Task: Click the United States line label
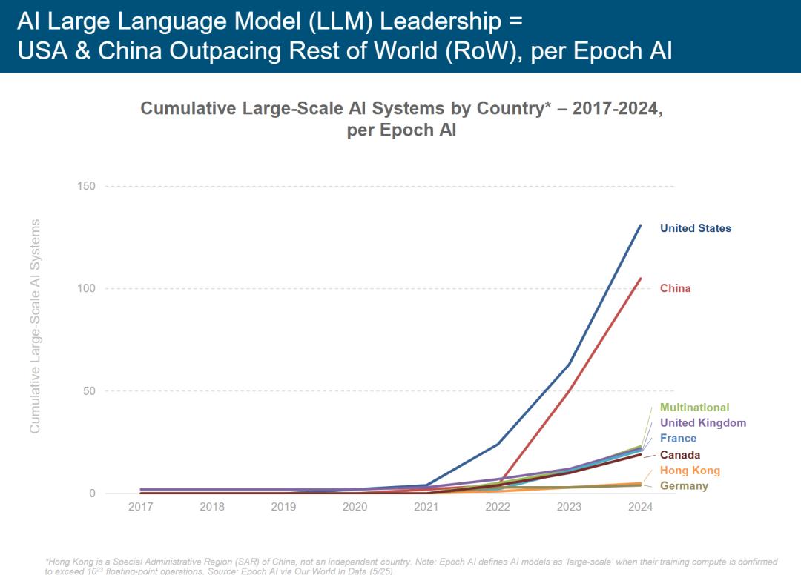(695, 228)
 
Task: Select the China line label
(675, 288)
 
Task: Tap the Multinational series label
(694, 408)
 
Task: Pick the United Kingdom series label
(702, 423)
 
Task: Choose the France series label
(678, 439)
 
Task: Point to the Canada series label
(679, 455)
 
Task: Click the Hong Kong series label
(690, 471)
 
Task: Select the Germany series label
(684, 486)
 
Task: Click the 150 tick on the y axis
(87, 186)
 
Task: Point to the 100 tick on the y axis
(87, 288)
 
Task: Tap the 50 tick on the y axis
(89, 391)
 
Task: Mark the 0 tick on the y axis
(92, 493)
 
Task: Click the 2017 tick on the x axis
(141, 508)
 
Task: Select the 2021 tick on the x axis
(426, 508)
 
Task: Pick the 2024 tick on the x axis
(640, 508)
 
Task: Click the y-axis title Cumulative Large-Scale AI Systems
(35, 326)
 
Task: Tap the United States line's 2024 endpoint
(641, 225)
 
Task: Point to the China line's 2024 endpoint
(641, 279)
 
